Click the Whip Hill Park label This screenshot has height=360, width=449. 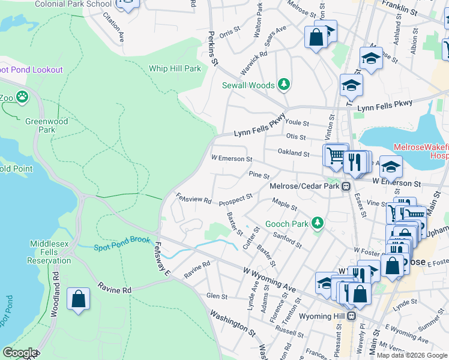(x=175, y=68)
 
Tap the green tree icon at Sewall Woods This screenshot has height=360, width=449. (x=283, y=85)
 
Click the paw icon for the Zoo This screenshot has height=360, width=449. (x=22, y=96)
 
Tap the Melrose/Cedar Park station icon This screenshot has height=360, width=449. (x=346, y=187)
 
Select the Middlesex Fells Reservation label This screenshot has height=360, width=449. (x=50, y=252)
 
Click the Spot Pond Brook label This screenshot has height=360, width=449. (x=122, y=248)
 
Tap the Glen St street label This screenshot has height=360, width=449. (x=217, y=296)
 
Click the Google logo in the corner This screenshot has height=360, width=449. (x=20, y=353)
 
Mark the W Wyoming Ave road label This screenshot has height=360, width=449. (x=270, y=280)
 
